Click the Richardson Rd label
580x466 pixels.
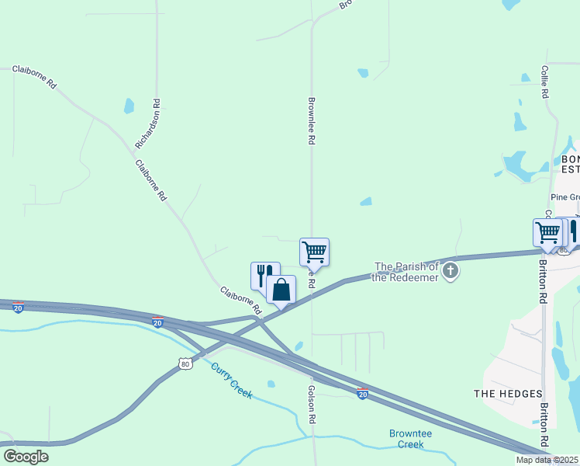(x=147, y=123)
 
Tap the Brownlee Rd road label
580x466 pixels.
(x=311, y=120)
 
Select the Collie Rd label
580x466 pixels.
(x=545, y=82)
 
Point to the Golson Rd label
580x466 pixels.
(x=312, y=404)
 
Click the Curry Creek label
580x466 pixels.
(x=233, y=381)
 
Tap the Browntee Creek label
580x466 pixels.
(x=411, y=439)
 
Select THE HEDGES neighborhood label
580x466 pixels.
(x=508, y=394)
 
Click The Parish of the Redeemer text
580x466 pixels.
(x=406, y=272)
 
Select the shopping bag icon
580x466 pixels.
(x=281, y=290)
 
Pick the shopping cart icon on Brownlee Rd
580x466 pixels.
(x=314, y=252)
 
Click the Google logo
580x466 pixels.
(x=26, y=457)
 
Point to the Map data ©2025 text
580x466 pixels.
(x=547, y=460)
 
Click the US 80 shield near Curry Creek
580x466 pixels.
(x=184, y=363)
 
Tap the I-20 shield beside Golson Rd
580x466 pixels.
(x=362, y=395)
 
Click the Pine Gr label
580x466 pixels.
(x=564, y=198)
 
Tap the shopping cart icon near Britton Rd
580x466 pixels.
(x=547, y=232)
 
